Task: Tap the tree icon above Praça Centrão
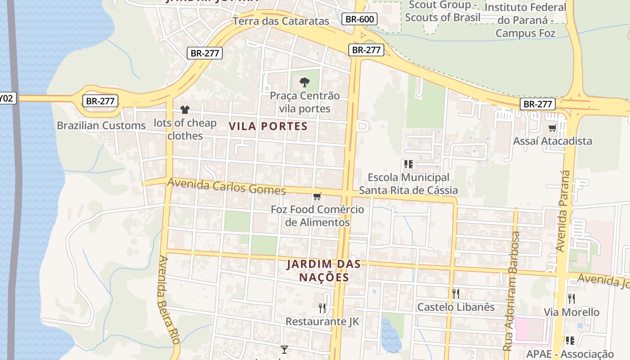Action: pyautogui.click(x=305, y=82)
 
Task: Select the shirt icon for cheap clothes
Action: pyautogui.click(x=184, y=109)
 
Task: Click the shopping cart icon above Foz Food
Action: pyautogui.click(x=317, y=196)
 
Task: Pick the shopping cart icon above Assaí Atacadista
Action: pyautogui.click(x=552, y=128)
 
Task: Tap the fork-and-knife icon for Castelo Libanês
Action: pyautogui.click(x=456, y=294)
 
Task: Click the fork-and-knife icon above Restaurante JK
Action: pyautogui.click(x=322, y=308)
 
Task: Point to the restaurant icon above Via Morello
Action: pyautogui.click(x=571, y=298)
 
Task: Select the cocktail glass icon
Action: pyautogui.click(x=284, y=349)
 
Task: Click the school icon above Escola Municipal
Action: pyautogui.click(x=408, y=164)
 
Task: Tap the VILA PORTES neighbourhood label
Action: pyautogui.click(x=268, y=126)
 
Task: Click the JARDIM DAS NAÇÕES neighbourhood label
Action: pyautogui.click(x=324, y=270)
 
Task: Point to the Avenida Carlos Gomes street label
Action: pyautogui.click(x=226, y=186)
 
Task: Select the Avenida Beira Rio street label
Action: pyautogui.click(x=169, y=300)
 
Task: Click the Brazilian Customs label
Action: pyautogui.click(x=101, y=126)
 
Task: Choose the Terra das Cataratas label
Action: pyautogui.click(x=281, y=21)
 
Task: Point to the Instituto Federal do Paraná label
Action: pyautogui.click(x=526, y=20)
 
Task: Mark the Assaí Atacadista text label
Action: pyautogui.click(x=553, y=141)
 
